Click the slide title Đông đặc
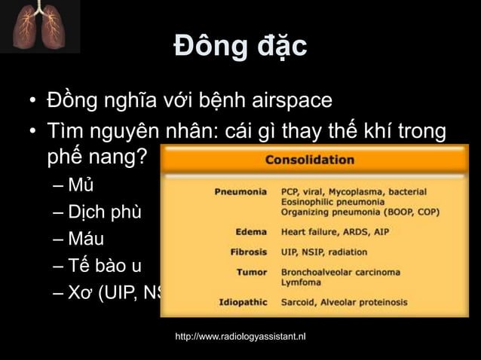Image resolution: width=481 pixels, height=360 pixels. coord(240,47)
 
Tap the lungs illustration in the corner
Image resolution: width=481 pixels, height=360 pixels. coord(40,26)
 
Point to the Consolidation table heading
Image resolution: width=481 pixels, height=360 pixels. coord(309,160)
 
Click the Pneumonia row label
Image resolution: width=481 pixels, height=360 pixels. coord(240,191)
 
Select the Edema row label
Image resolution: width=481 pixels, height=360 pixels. coord(251,232)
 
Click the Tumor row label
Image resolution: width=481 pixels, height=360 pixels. coord(251,271)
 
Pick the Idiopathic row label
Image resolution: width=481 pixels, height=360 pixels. coord(243,302)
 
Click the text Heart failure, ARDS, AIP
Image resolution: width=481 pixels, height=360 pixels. coord(335,232)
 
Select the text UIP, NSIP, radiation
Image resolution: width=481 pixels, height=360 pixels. coord(324,252)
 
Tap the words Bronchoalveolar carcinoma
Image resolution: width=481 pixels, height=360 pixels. coord(341,271)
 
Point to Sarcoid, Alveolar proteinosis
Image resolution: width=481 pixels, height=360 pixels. coord(344,302)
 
